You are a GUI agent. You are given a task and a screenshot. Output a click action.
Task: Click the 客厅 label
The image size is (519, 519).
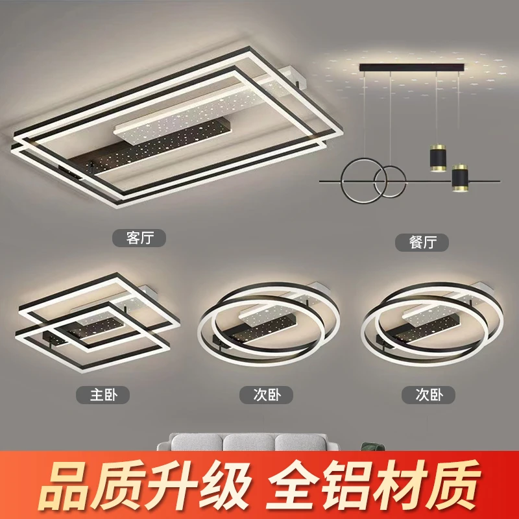tap(139, 237)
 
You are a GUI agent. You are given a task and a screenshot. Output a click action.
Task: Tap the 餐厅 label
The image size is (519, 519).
tap(422, 242)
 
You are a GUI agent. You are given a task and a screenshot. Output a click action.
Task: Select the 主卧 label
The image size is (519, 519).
tap(103, 394)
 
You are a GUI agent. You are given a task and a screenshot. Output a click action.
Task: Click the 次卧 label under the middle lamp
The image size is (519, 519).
tap(266, 394)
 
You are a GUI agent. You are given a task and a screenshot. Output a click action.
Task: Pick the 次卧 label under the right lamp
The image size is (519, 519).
tap(429, 394)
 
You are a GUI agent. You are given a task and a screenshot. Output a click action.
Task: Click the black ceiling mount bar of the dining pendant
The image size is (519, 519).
tap(412, 67)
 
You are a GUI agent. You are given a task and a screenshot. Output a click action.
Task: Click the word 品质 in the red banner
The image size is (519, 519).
tap(91, 485)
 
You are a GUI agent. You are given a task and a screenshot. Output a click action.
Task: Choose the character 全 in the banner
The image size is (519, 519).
tap(293, 485)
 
